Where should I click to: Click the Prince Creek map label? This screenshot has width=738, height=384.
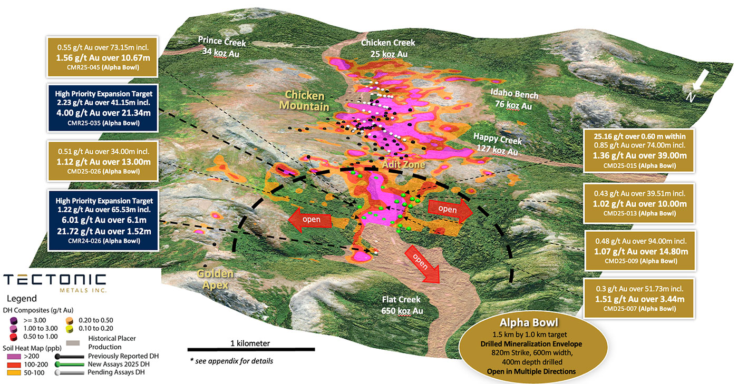221,46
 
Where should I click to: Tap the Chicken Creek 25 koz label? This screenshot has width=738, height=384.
387,47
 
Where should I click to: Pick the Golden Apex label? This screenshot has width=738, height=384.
215,280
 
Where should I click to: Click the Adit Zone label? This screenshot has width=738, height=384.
403,165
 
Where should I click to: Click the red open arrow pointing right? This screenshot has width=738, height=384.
450,209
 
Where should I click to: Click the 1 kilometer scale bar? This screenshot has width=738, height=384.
251,349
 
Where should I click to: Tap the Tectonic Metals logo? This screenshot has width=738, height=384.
54,283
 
